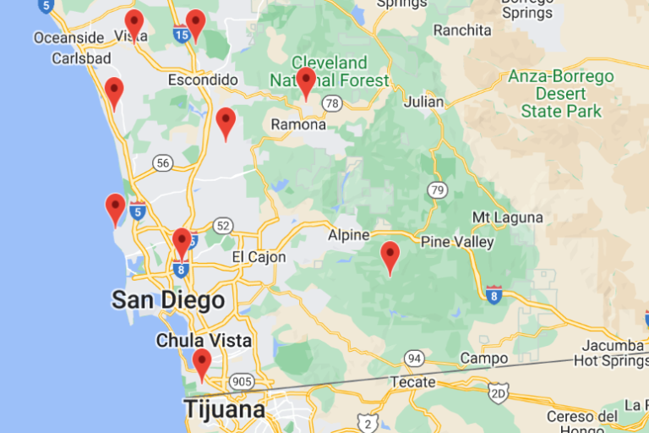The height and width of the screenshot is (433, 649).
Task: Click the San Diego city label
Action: click(168, 300)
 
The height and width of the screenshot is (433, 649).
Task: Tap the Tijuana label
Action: click(224, 410)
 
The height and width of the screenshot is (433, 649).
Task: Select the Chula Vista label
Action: click(204, 341)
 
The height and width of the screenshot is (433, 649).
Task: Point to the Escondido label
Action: click(203, 79)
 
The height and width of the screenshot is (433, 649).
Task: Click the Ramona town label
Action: click(297, 124)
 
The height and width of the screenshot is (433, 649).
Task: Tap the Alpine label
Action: click(349, 234)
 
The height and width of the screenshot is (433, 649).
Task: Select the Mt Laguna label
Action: click(507, 217)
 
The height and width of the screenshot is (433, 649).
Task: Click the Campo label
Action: click(483, 359)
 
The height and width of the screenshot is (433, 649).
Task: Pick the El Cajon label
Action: click(259, 257)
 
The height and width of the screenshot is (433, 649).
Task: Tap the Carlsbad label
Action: click(81, 58)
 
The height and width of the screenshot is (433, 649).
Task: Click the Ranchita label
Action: click(461, 30)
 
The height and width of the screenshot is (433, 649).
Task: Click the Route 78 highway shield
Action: click(332, 103)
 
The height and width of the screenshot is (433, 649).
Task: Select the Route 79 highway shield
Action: click(436, 189)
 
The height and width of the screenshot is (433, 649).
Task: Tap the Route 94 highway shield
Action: click(413, 358)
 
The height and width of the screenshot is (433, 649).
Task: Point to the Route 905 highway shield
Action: click(243, 381)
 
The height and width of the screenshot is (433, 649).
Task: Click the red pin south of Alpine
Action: click(390, 257)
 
